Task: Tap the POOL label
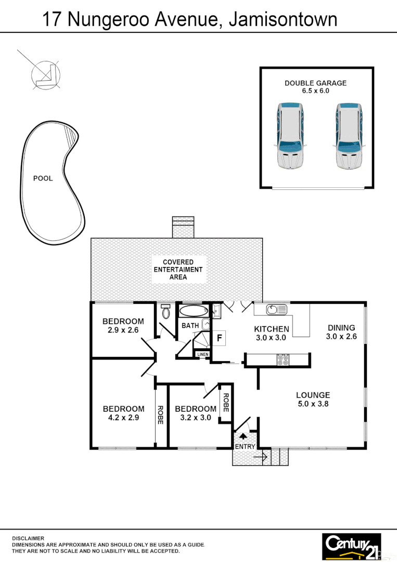pos(43,178)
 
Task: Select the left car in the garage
pos(290,136)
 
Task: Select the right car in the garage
pos(349,136)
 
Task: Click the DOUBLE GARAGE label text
pos(315,83)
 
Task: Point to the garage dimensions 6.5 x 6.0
pos(315,91)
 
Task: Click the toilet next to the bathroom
pos(166,312)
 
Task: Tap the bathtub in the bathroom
pos(193,312)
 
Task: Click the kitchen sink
pos(276,310)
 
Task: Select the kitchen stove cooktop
pos(283,360)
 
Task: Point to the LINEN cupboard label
pos(202,354)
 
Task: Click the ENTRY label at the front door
pos(245,446)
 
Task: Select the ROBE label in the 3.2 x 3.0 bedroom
pos(225,403)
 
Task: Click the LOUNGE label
pos(313,395)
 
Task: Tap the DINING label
pos(341,328)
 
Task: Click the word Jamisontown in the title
pos(283,20)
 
